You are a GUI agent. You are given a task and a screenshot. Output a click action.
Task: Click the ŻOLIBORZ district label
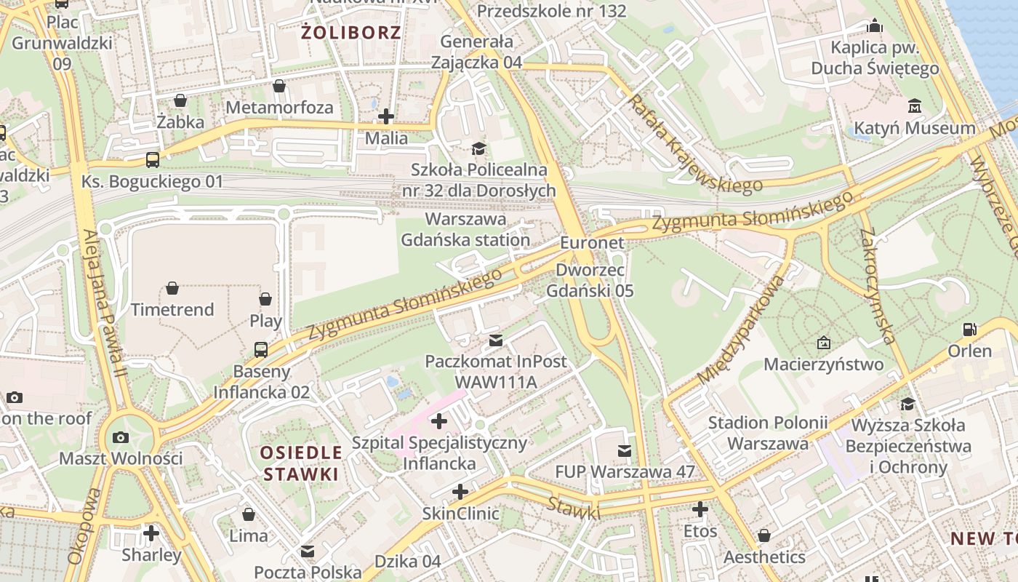point(351,33)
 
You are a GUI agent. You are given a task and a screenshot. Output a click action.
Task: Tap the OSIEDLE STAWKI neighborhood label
point(301,463)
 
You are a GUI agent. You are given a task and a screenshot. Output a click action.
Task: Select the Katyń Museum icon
point(915,106)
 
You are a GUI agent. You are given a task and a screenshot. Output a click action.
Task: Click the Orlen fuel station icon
point(969,330)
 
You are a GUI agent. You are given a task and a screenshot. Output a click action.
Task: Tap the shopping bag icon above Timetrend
point(172,288)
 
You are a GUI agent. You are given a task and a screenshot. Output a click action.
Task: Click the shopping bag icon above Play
point(265,299)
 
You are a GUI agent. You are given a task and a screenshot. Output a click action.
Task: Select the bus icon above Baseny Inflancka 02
point(261,349)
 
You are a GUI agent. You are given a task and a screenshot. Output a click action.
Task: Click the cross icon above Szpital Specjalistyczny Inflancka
point(439,421)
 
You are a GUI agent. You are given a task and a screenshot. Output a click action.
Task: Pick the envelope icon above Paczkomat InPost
point(496,340)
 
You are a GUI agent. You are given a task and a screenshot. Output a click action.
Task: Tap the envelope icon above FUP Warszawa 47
point(625,450)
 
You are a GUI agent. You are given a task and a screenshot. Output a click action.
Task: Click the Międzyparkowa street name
point(742,330)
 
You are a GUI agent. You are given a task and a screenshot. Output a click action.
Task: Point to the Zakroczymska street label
point(876,285)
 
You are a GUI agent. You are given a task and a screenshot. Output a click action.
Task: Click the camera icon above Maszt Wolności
point(121,437)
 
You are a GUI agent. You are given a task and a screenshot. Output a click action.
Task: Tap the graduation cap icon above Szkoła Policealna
point(478,148)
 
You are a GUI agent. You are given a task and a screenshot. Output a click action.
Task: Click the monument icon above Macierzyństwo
point(824,342)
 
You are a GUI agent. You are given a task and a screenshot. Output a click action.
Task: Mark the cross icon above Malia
point(386,116)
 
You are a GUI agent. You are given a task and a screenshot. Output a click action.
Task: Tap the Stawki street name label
point(574,508)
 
